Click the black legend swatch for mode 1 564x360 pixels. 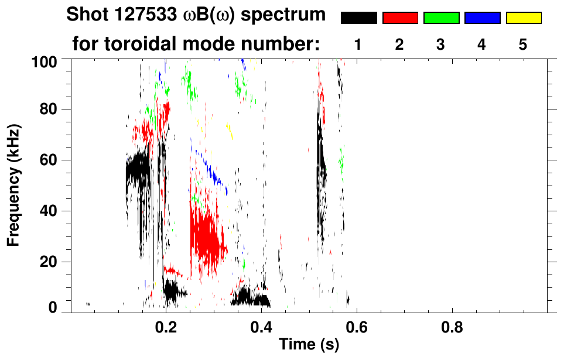(x=358, y=18)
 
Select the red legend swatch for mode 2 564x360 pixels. (x=400, y=18)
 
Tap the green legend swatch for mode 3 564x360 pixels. (x=441, y=18)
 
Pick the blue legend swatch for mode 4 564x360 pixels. (x=482, y=18)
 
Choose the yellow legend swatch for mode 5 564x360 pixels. (x=524, y=18)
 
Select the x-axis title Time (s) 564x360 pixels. (x=308, y=344)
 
